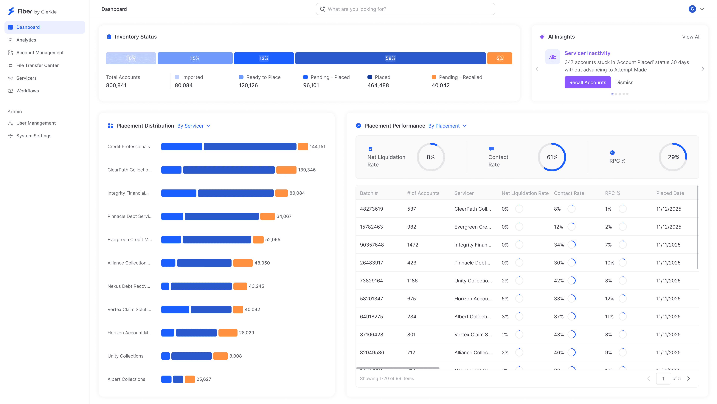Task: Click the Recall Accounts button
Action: click(587, 82)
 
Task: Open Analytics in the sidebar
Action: click(26, 40)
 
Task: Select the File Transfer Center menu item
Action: click(37, 65)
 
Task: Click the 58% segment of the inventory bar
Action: click(390, 58)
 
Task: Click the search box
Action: click(405, 9)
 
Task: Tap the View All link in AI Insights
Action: click(691, 37)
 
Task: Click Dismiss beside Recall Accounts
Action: click(624, 82)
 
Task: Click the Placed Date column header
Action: click(670, 193)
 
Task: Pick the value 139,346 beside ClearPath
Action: click(307, 170)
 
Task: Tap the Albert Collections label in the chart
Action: click(126, 379)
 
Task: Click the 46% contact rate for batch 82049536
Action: click(559, 352)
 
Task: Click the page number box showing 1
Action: click(663, 379)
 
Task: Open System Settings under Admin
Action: click(34, 136)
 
